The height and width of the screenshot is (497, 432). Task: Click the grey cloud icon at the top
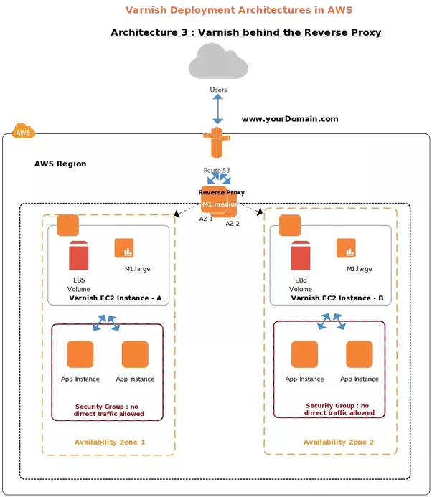(x=217, y=61)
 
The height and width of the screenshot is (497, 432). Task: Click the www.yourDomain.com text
(x=289, y=119)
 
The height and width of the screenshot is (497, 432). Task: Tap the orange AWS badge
(x=24, y=132)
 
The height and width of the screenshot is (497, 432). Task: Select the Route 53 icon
(x=216, y=145)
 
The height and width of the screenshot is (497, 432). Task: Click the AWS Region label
(x=60, y=164)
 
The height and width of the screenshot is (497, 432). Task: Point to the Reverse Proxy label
(x=222, y=192)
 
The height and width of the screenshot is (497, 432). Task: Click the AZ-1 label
(x=206, y=219)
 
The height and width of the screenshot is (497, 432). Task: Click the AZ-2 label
(x=233, y=224)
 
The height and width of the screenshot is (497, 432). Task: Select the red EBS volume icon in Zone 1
(x=78, y=256)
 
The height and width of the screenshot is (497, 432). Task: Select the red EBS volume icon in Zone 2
(x=301, y=256)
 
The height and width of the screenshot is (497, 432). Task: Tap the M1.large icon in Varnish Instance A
(x=124, y=248)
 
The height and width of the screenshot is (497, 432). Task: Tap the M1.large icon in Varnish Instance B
(x=347, y=248)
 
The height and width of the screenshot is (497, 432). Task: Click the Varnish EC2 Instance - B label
(x=337, y=298)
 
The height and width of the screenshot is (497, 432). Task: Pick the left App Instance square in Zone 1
(x=80, y=354)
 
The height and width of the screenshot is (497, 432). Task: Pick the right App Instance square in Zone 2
(x=359, y=354)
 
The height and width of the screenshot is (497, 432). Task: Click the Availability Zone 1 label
(x=110, y=442)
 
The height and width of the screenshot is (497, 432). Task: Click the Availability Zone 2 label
(x=339, y=442)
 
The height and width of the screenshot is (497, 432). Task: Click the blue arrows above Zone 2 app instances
(x=331, y=323)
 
